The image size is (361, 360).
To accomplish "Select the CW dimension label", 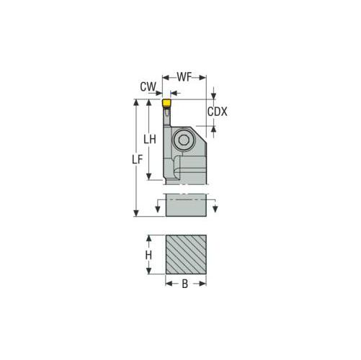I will (x=148, y=86).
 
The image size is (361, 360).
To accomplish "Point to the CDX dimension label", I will (x=218, y=112).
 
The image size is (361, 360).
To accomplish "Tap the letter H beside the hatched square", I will (x=148, y=255).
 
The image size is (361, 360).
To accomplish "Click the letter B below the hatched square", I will (x=184, y=284).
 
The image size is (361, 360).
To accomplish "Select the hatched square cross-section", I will (x=186, y=254).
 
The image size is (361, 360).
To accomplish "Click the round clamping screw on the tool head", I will (x=185, y=139).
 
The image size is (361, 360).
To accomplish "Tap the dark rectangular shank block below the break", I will (x=186, y=205).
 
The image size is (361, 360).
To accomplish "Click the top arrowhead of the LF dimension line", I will (x=137, y=103).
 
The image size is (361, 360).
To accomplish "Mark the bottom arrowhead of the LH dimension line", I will (x=151, y=177).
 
